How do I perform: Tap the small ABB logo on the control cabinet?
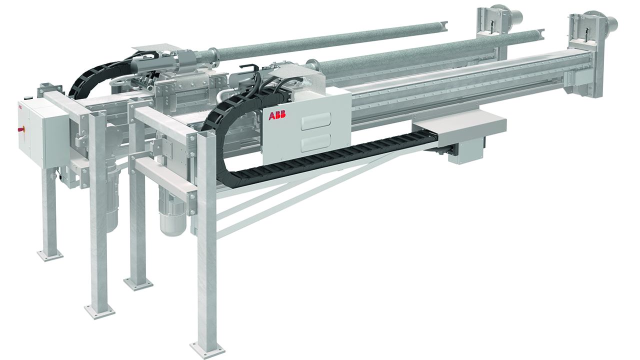pos(21,106)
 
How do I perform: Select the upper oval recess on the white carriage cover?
pos(315,121)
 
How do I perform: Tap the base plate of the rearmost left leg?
pos(50,255)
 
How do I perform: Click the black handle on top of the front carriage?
pos(248,67)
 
